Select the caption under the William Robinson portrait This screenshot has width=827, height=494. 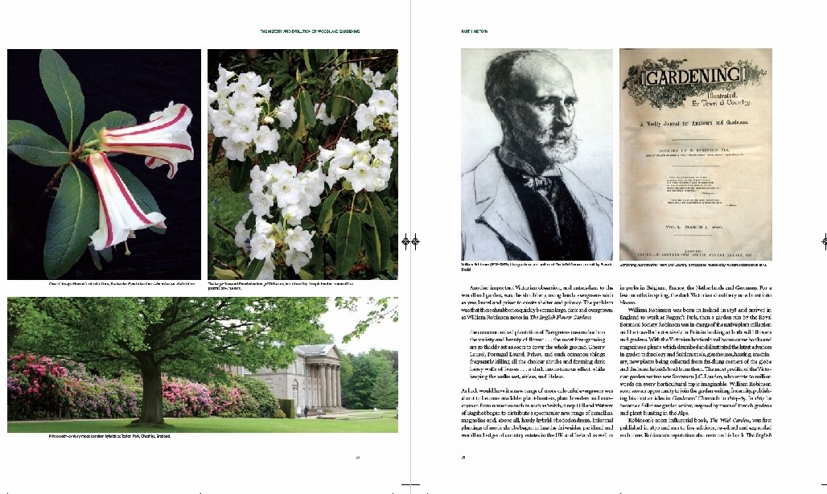tap(536, 266)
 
